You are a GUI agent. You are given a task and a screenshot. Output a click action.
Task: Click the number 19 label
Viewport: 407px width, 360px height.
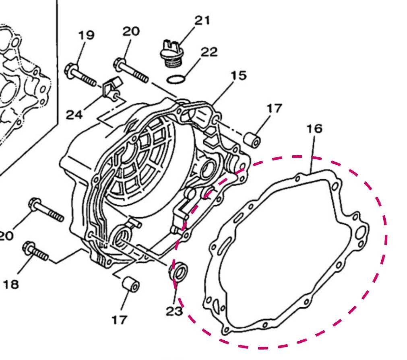pyautogui.click(x=86, y=35)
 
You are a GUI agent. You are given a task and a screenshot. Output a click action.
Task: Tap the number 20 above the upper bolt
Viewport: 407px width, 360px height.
pyautogui.click(x=131, y=31)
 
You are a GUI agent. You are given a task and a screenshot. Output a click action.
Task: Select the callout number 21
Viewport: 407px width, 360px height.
pyautogui.click(x=202, y=20)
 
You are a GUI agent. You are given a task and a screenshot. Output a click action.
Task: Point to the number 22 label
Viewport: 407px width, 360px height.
pyautogui.click(x=209, y=51)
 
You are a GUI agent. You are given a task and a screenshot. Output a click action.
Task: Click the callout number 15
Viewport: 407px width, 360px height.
pyautogui.click(x=238, y=75)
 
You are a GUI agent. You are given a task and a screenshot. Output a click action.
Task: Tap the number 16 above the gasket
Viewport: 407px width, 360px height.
pyautogui.click(x=314, y=129)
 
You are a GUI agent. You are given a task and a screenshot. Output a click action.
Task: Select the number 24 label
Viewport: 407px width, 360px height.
pyautogui.click(x=74, y=115)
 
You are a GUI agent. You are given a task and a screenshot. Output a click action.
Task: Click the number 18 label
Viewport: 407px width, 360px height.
pyautogui.click(x=11, y=284)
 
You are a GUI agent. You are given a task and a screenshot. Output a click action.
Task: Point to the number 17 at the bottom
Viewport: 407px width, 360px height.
pyautogui.click(x=119, y=320)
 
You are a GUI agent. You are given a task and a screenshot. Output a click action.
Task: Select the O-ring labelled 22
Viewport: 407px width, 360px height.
pyautogui.click(x=176, y=79)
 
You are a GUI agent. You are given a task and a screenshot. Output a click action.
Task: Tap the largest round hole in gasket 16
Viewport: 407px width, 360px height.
pyautogui.click(x=361, y=232)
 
